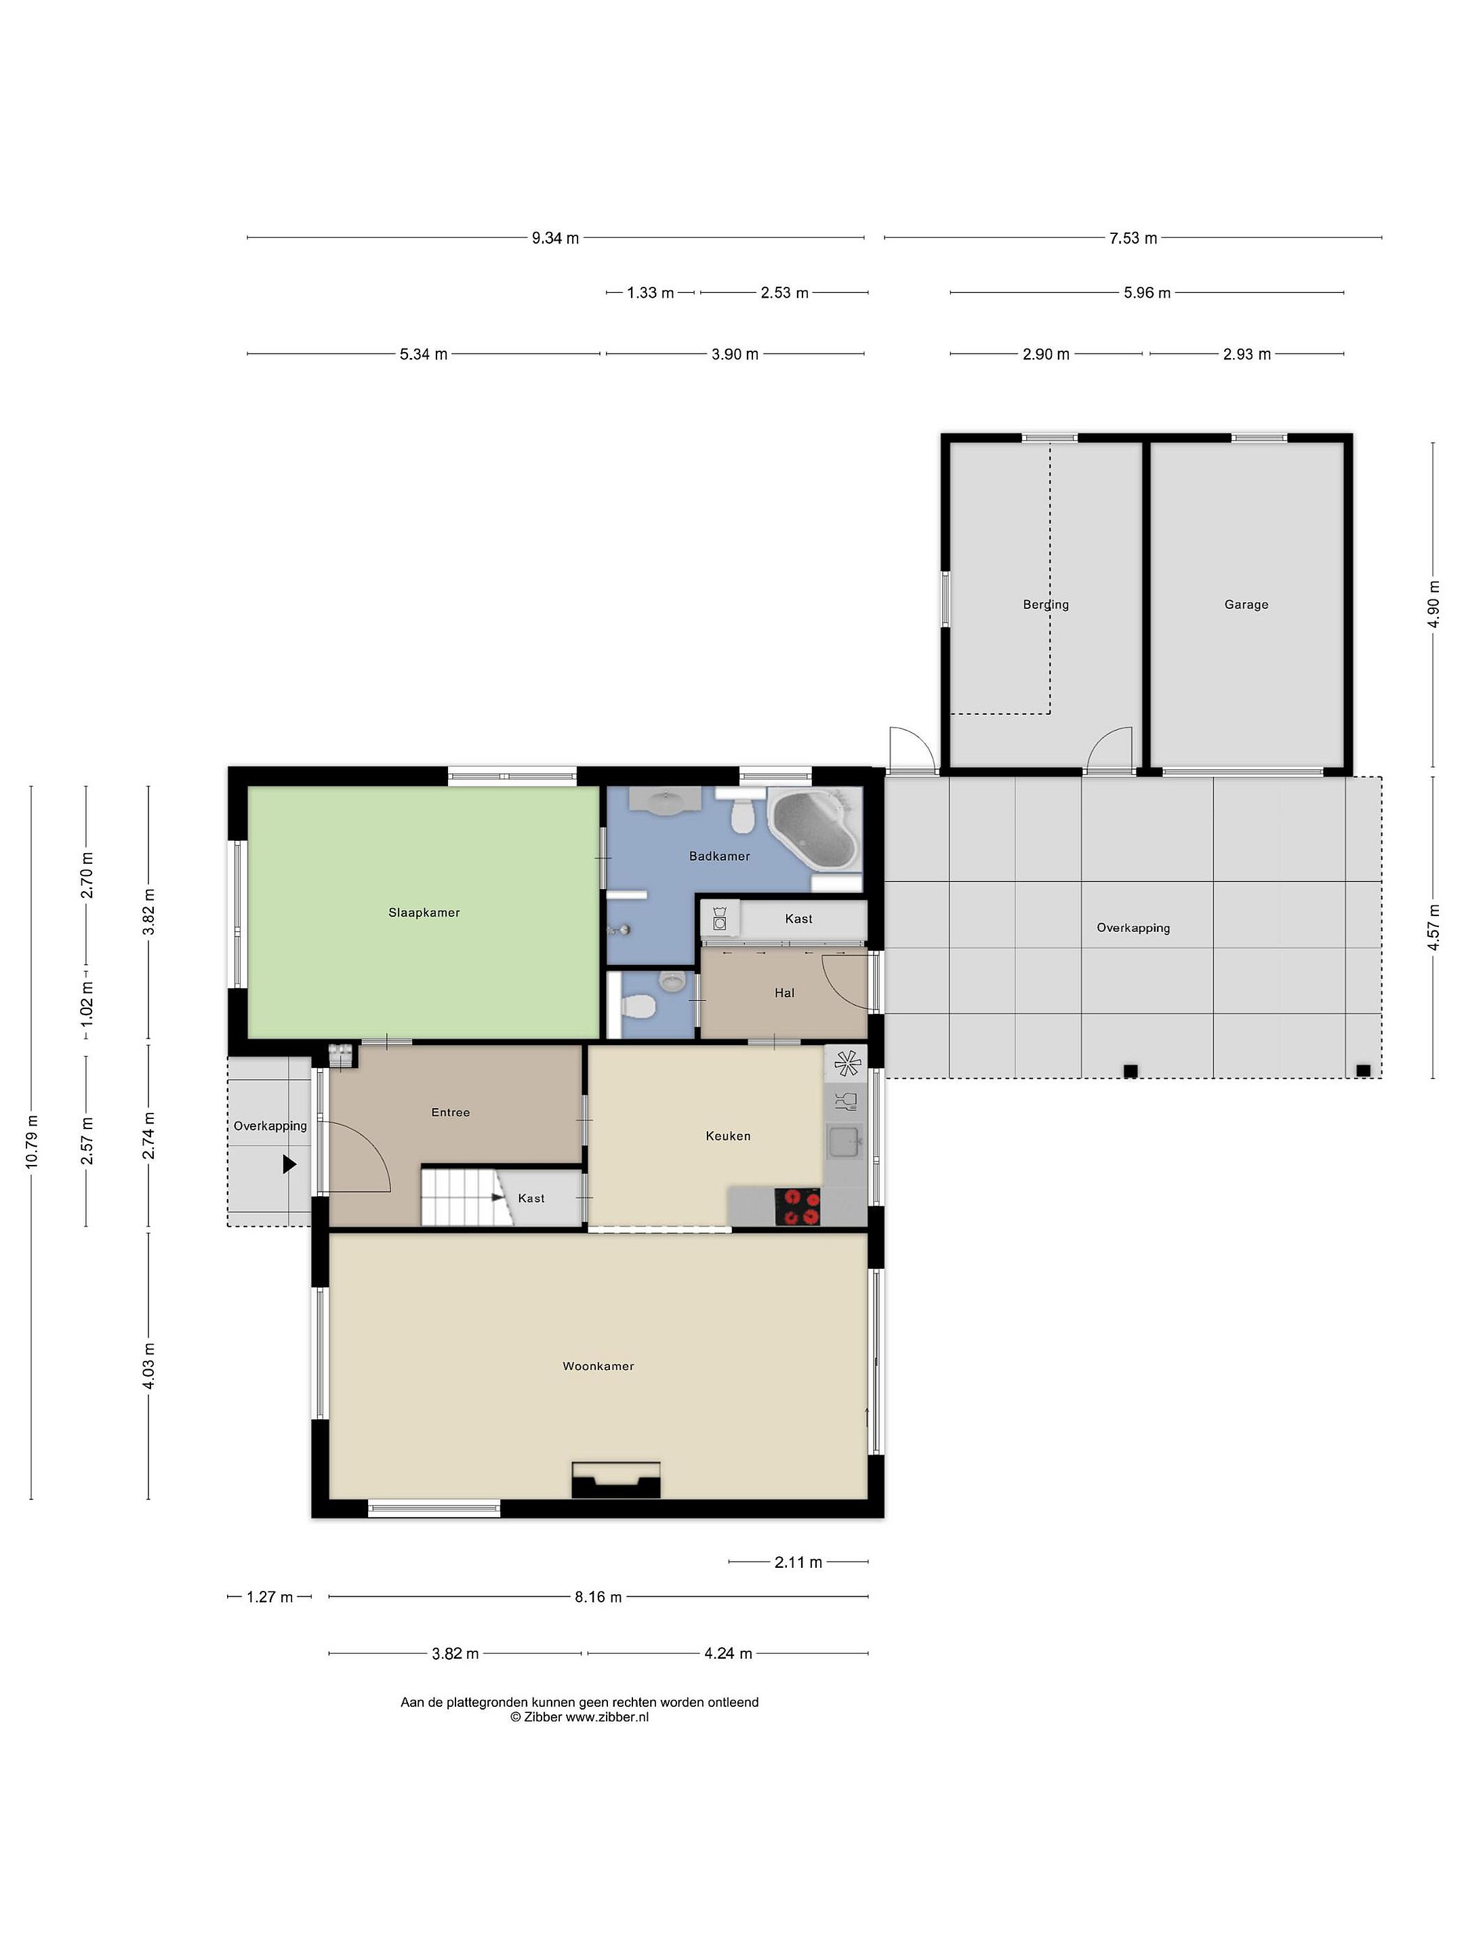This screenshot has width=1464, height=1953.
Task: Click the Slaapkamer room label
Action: [424, 912]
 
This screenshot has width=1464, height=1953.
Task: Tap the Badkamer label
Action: [719, 856]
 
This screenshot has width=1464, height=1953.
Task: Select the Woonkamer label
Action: [598, 1366]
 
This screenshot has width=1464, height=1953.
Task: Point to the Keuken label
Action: [728, 1137]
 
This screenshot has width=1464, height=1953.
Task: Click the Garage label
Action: [1246, 605]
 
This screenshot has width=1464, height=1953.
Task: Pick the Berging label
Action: [1046, 605]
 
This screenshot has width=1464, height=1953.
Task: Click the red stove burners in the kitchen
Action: [798, 1207]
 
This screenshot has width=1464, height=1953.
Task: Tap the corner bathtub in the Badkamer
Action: [813, 828]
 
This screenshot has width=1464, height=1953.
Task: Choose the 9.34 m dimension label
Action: [555, 239]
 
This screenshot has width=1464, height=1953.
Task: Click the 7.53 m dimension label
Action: [1133, 239]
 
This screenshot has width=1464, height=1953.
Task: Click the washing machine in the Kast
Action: [720, 918]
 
